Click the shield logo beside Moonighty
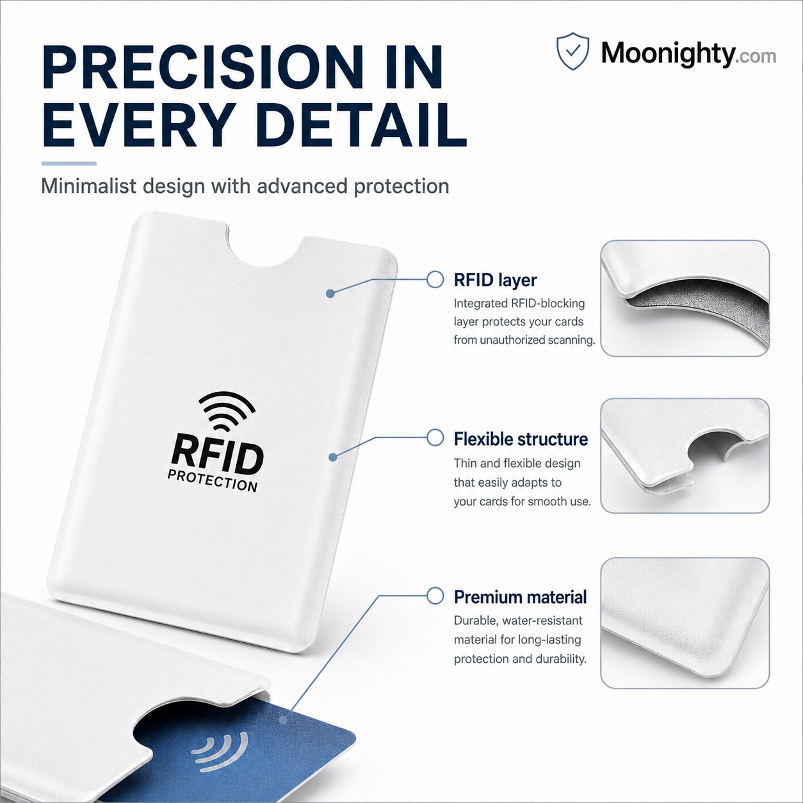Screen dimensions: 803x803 click(572, 51)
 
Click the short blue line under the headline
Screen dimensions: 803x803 click(69, 163)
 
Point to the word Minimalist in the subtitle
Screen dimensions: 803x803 click(88, 186)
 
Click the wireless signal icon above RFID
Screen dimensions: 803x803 click(226, 411)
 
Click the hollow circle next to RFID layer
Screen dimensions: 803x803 click(435, 279)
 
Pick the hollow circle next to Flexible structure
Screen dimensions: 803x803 click(435, 437)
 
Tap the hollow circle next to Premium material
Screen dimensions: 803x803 click(435, 596)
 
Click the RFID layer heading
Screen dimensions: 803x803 click(495, 280)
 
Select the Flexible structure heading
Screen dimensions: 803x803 click(521, 439)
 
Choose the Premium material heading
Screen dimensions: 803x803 click(520, 597)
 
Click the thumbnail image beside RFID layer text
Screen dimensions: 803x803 click(685, 298)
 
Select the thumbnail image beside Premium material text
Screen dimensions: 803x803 click(685, 623)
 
